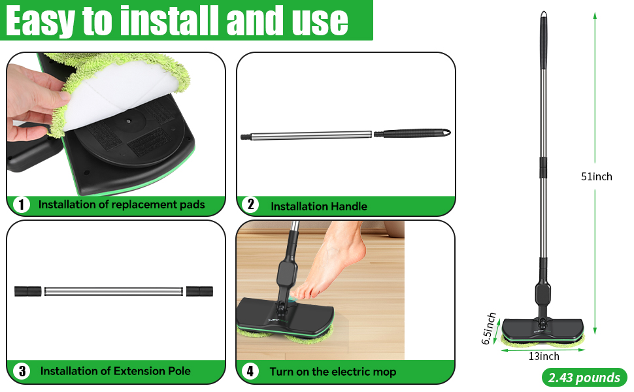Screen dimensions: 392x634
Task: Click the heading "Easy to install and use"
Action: click(x=176, y=21)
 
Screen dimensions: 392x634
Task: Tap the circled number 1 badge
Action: click(x=22, y=204)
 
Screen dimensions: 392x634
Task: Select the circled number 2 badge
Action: click(x=250, y=204)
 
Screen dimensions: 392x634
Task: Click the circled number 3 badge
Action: click(x=22, y=371)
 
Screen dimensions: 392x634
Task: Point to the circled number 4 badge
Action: click(x=250, y=372)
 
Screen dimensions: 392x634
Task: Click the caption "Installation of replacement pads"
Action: click(x=122, y=204)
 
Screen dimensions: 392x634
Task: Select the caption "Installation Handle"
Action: click(x=319, y=206)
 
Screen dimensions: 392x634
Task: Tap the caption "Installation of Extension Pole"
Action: click(x=116, y=371)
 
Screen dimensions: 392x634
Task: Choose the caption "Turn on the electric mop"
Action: click(x=333, y=372)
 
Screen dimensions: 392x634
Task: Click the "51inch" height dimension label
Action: click(x=597, y=176)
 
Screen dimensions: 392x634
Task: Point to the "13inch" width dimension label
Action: click(x=544, y=356)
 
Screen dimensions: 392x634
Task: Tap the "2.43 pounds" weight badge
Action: click(x=584, y=377)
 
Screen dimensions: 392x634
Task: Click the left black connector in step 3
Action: click(x=28, y=291)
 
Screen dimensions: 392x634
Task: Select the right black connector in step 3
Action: click(x=199, y=291)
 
